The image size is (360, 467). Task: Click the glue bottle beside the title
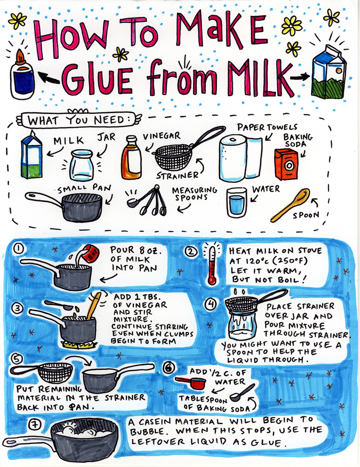click(x=22, y=74)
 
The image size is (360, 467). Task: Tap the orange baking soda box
click(x=286, y=164)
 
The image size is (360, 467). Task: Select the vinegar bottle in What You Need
click(x=131, y=157)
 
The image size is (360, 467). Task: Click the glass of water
click(x=237, y=202)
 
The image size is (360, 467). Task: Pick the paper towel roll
click(x=241, y=158)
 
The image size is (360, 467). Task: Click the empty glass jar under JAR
click(x=81, y=165)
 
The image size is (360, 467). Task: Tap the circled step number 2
click(x=191, y=252)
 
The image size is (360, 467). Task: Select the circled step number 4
click(x=211, y=304)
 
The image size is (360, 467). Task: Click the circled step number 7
click(x=35, y=424)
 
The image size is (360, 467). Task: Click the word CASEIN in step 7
click(x=155, y=422)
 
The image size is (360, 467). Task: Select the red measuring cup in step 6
click(x=191, y=383)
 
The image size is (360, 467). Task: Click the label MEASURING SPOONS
click(x=195, y=194)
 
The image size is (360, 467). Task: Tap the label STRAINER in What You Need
click(x=177, y=176)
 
